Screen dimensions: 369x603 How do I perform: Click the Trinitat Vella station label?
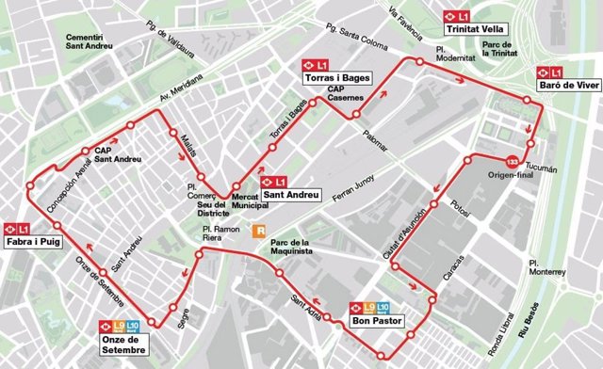coord(477,28)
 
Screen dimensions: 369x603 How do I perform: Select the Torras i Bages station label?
coord(335,77)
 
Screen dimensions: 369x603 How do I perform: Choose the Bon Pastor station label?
coord(377,320)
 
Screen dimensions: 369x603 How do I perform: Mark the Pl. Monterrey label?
coord(546,266)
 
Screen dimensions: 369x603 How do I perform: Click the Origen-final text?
coord(511,175)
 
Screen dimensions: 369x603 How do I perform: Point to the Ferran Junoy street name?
coord(353,188)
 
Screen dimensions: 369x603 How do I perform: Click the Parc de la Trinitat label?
coord(501,49)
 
